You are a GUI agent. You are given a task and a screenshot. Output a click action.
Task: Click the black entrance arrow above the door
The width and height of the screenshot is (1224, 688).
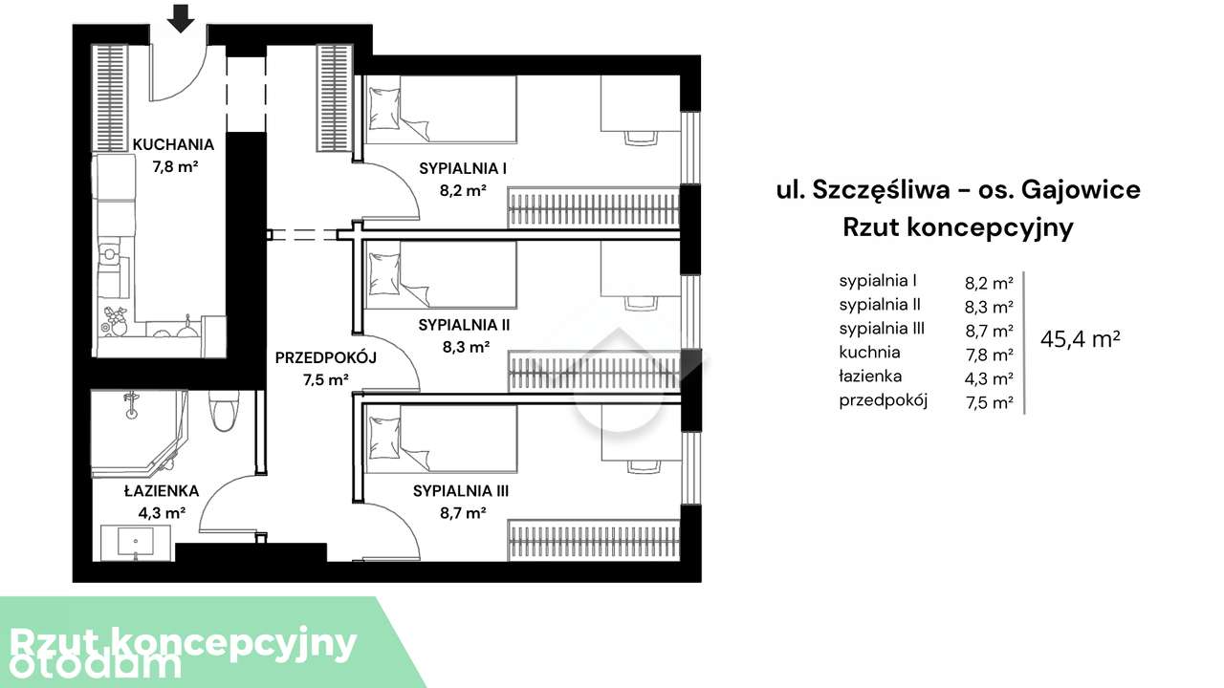click(181, 17)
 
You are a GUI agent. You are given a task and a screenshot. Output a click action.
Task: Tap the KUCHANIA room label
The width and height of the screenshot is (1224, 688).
click(173, 145)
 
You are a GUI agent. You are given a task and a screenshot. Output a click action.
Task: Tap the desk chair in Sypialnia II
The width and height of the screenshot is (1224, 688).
click(642, 303)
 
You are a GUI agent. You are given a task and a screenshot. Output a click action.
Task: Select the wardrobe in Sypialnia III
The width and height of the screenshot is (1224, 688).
click(593, 542)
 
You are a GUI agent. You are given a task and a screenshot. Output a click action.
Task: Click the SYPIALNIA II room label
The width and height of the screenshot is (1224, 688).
click(464, 325)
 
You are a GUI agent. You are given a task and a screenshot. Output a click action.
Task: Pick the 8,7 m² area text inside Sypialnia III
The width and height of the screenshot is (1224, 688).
click(464, 512)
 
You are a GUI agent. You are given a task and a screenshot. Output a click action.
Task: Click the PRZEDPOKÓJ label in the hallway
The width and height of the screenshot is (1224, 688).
click(326, 358)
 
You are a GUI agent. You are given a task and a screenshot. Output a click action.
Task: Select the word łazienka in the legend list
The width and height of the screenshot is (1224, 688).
click(871, 376)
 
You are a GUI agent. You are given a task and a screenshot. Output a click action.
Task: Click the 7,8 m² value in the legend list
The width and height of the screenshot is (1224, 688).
click(989, 355)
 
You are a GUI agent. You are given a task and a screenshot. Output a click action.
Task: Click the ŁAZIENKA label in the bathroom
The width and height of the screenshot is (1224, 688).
click(161, 491)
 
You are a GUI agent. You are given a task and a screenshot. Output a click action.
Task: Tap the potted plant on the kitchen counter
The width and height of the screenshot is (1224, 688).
click(116, 319)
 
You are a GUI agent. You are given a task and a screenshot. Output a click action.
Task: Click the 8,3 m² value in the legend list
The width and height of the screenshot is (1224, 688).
click(989, 307)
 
